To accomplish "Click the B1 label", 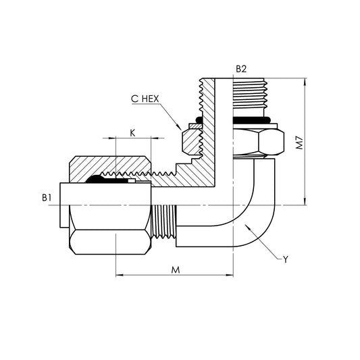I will pyautogui.click(x=46, y=197).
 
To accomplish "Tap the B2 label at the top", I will pyautogui.click(x=241, y=68).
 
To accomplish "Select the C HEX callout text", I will pyautogui.click(x=146, y=99).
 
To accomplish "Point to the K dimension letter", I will pyautogui.click(x=132, y=132).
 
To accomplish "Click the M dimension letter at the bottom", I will pyautogui.click(x=175, y=269).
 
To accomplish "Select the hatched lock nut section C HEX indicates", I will pyautogui.click(x=193, y=141).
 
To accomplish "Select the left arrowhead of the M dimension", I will pyautogui.click(x=120, y=276).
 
